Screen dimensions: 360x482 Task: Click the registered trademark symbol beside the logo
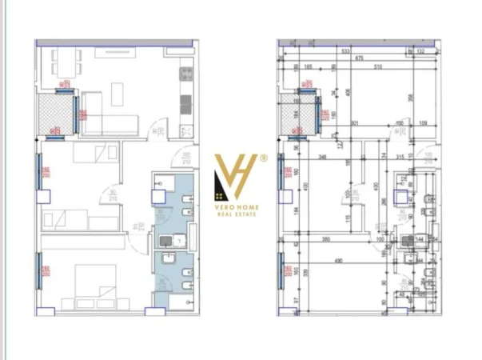point(263,159)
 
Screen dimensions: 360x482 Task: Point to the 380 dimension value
point(325,238)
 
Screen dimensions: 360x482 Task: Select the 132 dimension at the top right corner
point(420,50)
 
